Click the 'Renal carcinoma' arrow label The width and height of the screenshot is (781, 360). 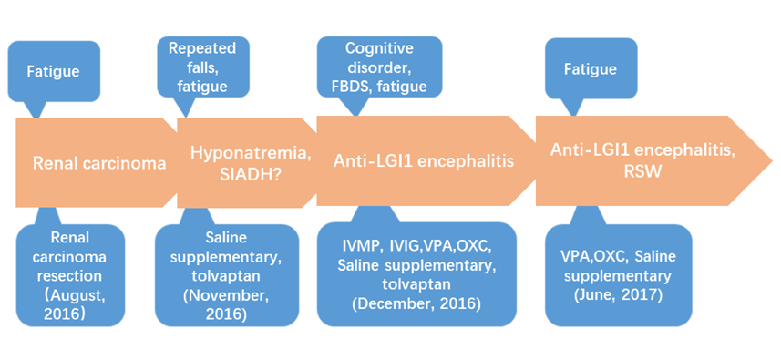(99, 163)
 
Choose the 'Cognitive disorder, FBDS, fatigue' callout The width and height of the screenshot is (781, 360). (379, 67)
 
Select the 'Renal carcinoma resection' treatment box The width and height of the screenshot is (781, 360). (70, 275)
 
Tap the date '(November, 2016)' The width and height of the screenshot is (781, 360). (226, 306)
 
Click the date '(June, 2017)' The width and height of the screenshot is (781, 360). (618, 294)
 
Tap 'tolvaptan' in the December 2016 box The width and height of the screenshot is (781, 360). (416, 285)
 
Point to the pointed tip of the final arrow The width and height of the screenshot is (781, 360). (773, 160)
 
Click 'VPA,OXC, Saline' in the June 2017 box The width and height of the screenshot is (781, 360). (618, 257)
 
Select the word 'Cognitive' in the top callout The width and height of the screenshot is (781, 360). (379, 48)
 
